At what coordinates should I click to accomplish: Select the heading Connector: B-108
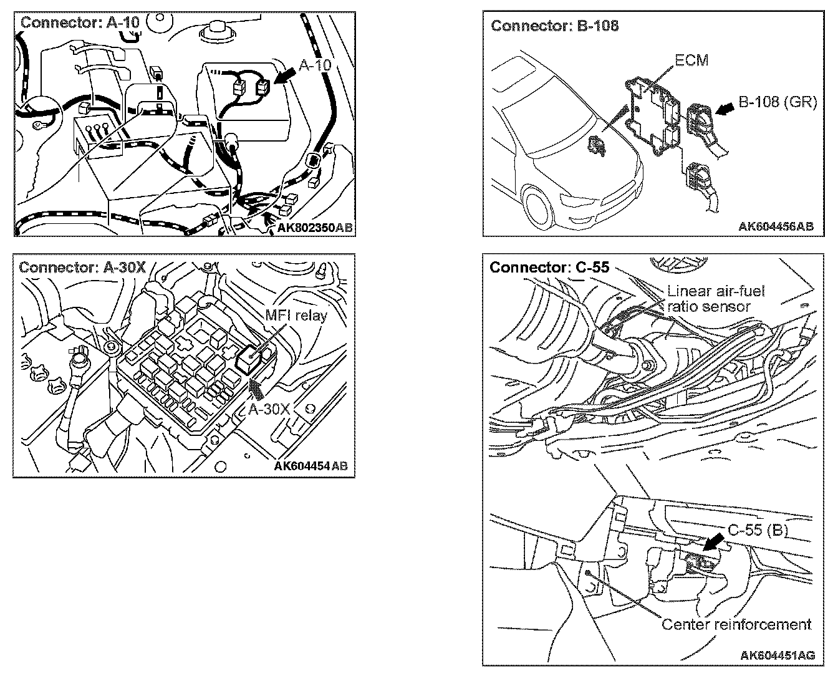pyautogui.click(x=554, y=26)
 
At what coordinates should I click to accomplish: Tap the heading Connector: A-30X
pyautogui.click(x=82, y=268)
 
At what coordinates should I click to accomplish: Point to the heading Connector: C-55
pyautogui.click(x=549, y=268)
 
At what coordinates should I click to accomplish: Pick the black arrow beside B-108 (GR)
pyautogui.click(x=724, y=110)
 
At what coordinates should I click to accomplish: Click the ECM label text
pyautogui.click(x=692, y=61)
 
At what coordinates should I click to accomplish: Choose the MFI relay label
pyautogui.click(x=296, y=316)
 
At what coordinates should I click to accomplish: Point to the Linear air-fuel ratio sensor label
pyautogui.click(x=715, y=299)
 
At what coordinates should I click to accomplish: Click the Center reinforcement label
pyautogui.click(x=736, y=624)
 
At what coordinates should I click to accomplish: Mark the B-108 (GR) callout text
pyautogui.click(x=777, y=102)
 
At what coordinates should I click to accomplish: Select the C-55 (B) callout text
pyautogui.click(x=758, y=530)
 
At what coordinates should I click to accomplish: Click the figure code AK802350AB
pyautogui.click(x=315, y=228)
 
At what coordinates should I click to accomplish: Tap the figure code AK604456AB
pyautogui.click(x=776, y=226)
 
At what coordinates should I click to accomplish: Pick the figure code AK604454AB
pyautogui.click(x=310, y=466)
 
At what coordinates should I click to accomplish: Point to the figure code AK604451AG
pyautogui.click(x=777, y=655)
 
